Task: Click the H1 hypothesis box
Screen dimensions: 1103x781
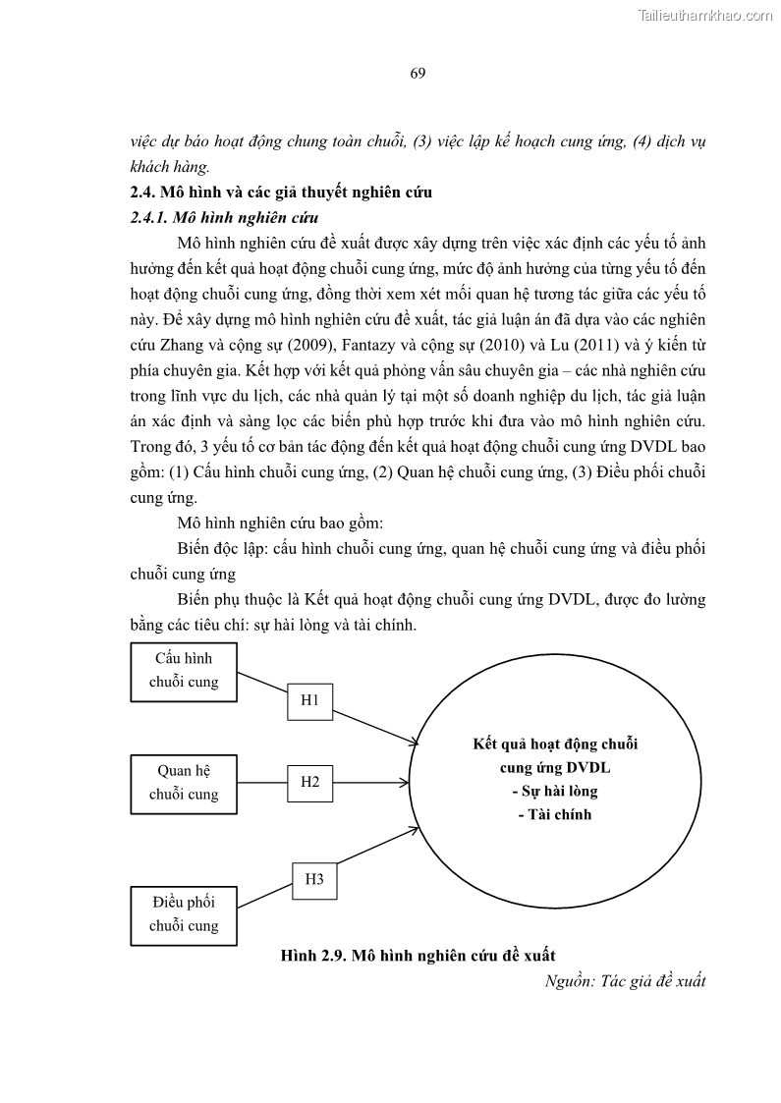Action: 310,699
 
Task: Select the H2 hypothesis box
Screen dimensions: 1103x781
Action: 310,782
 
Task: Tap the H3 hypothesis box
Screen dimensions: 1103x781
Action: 314,878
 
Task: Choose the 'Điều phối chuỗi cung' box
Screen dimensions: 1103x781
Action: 184,913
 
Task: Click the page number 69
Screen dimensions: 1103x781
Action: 418,75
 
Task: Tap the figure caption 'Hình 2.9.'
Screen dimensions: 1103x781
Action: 312,955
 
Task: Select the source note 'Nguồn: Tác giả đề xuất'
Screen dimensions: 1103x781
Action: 625,980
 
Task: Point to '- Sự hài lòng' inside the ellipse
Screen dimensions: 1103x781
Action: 555,791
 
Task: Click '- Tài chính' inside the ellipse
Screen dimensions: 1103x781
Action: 555,814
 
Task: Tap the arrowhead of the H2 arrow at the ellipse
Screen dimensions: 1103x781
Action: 405,783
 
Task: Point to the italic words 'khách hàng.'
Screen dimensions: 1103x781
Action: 170,166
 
